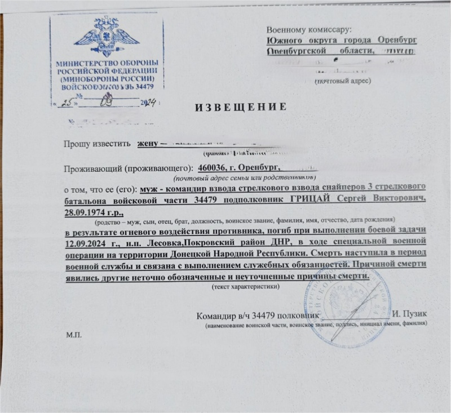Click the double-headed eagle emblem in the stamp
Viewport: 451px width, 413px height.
107,36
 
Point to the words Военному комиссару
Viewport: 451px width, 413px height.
309,29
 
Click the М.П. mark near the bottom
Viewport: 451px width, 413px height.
74,335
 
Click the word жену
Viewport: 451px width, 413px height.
148,143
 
